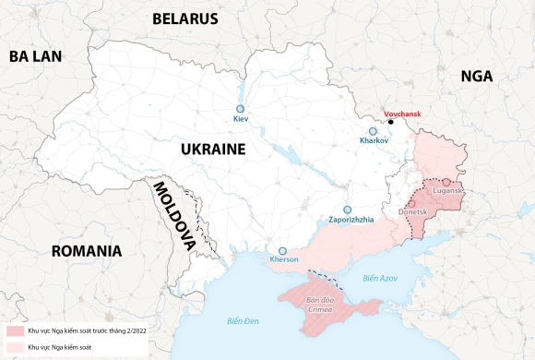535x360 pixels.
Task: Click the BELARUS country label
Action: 185,18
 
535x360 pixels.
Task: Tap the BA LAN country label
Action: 35,56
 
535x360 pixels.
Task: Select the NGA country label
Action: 477,78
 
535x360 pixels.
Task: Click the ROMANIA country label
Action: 87,251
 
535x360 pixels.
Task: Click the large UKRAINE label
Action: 212,150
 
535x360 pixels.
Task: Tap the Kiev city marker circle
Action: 242,107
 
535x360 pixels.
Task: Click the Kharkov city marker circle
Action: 374,131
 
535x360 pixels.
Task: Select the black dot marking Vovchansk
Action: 391,122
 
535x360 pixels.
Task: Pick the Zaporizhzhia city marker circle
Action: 348,210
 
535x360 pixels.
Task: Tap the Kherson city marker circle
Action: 283,250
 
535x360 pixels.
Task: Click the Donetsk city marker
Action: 411,203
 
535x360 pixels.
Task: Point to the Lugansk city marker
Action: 446,182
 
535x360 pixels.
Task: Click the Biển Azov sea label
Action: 379,277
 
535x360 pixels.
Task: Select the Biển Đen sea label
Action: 244,320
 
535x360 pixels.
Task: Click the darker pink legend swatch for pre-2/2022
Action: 15,330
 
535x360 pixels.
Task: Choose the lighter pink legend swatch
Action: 15,346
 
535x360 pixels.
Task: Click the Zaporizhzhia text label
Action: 351,220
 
